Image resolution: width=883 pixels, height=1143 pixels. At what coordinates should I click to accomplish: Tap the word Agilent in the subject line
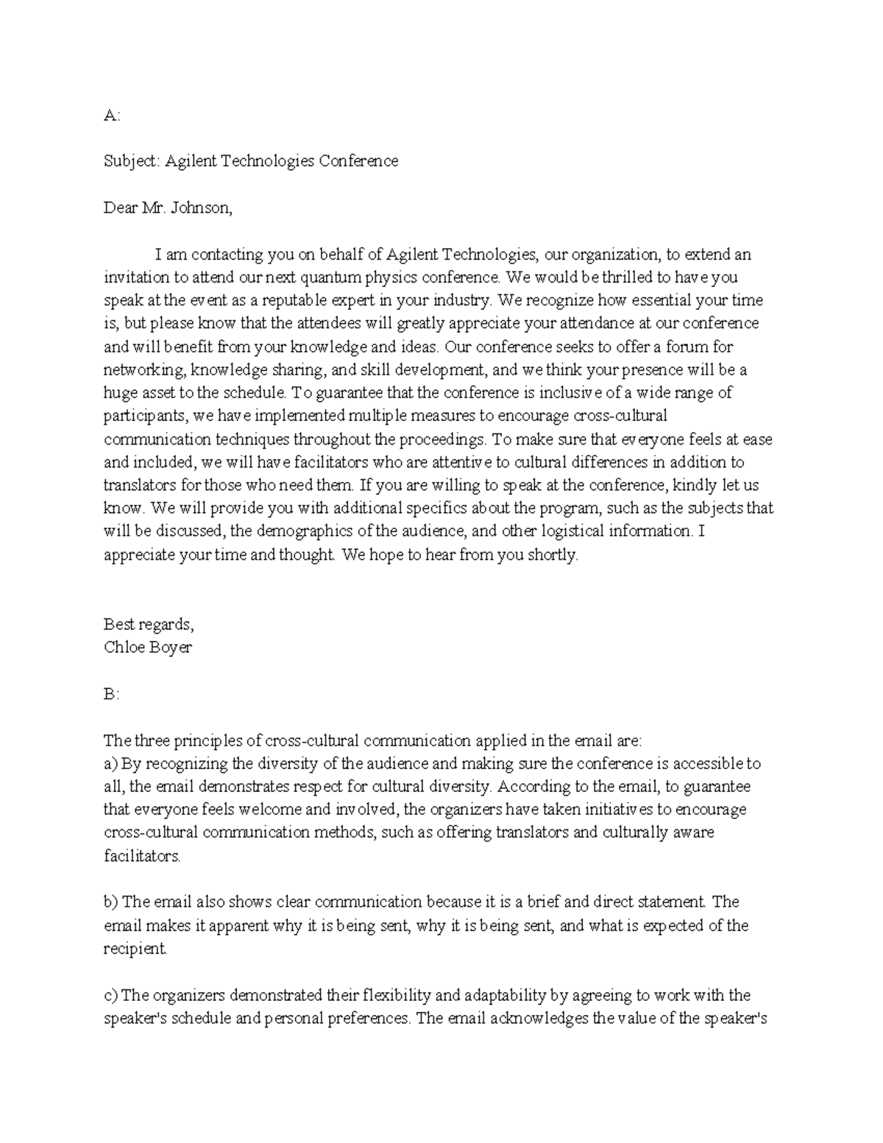[190, 161]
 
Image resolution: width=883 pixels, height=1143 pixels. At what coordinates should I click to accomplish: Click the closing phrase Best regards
[149, 624]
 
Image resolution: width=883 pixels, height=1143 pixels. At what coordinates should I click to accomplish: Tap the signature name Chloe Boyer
[147, 647]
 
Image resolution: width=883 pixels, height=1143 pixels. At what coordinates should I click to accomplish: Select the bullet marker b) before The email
[110, 902]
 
